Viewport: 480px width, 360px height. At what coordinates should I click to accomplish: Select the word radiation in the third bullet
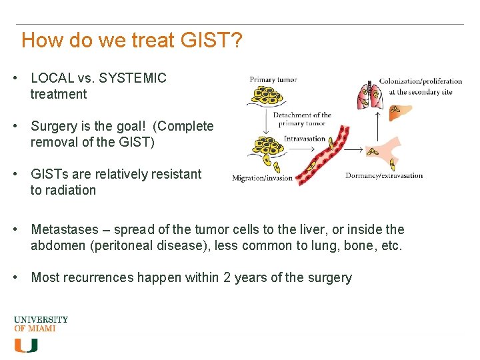pyautogui.click(x=71, y=190)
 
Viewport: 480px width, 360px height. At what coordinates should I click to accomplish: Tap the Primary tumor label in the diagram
pyautogui.click(x=273, y=81)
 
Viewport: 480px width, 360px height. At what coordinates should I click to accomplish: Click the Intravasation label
pyautogui.click(x=305, y=139)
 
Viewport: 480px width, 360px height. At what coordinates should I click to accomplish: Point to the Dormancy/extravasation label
pyautogui.click(x=384, y=176)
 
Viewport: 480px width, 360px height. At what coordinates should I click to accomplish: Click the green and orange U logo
pyautogui.click(x=26, y=345)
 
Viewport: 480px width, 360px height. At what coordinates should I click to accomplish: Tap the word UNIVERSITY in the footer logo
pyautogui.click(x=41, y=319)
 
